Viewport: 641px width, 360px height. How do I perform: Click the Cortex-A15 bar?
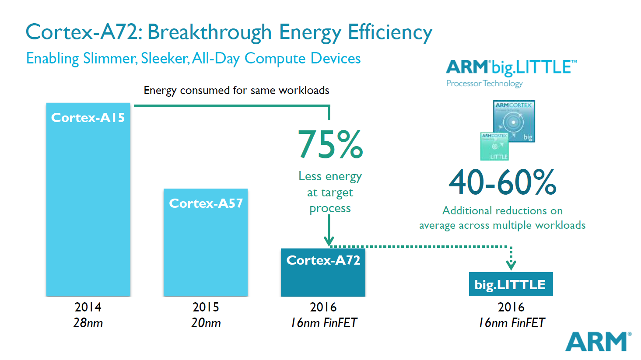[x=88, y=199]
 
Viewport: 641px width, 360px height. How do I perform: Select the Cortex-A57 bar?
[x=206, y=242]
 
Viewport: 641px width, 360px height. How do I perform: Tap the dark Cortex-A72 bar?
[x=323, y=273]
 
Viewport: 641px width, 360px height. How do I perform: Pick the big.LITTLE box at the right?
[x=511, y=284]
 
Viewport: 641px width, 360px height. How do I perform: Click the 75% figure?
[x=330, y=144]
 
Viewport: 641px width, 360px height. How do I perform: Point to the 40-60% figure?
[x=502, y=182]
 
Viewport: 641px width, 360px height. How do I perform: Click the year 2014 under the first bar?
[x=88, y=307]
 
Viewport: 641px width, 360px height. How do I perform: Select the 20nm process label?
[x=206, y=323]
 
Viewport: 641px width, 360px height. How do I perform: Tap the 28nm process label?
[x=88, y=323]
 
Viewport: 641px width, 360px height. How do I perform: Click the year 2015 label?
[x=206, y=307]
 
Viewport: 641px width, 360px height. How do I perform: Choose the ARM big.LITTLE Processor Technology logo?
[x=511, y=73]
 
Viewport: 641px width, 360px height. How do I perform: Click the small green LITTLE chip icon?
[x=494, y=147]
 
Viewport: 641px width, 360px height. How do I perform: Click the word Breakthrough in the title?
[x=210, y=32]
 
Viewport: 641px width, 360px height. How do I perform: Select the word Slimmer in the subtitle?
[x=109, y=59]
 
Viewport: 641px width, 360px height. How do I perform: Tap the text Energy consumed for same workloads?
[x=236, y=91]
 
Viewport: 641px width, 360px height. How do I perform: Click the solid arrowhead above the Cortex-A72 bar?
[x=329, y=241]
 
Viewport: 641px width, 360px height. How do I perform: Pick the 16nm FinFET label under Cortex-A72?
[x=324, y=323]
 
